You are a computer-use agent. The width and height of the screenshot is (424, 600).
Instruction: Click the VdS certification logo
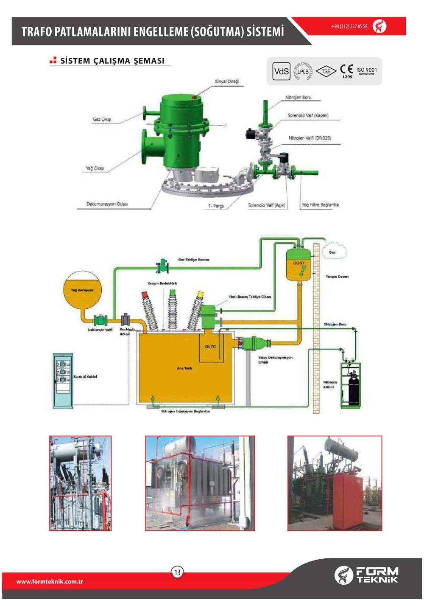pos(281,71)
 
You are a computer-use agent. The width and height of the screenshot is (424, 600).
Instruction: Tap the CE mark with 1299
pos(347,70)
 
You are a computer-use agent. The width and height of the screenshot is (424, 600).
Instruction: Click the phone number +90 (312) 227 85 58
pos(349,26)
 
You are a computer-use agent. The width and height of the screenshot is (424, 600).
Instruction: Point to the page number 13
pos(177,572)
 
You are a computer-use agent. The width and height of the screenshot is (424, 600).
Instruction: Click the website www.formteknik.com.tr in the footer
pos(49,581)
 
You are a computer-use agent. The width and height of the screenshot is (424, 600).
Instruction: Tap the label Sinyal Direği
pos(227,81)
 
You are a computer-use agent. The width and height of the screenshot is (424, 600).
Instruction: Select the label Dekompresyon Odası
pos(107,204)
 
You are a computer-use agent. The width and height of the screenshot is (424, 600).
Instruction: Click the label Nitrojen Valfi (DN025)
pos(310,138)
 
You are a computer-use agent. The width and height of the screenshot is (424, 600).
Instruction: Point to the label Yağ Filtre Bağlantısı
pos(320,205)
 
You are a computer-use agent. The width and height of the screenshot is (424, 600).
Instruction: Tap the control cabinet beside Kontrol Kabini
pos(62,380)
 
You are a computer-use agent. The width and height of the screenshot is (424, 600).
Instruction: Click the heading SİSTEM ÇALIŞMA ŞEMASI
pos(112,61)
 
